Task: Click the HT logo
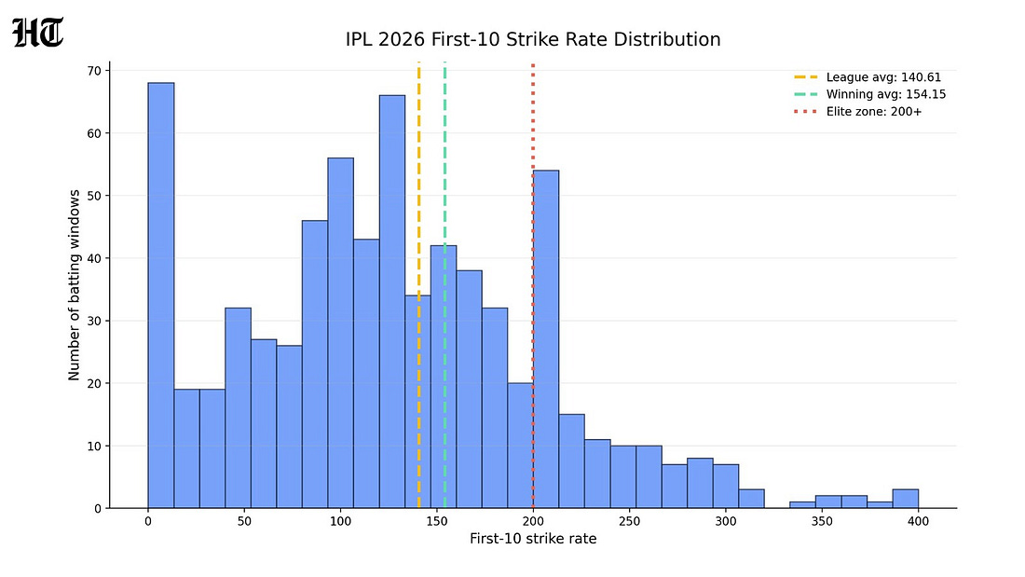coord(38,33)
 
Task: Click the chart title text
coord(533,39)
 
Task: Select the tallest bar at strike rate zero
coord(161,295)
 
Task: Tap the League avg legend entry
coord(868,77)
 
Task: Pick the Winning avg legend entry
coord(870,94)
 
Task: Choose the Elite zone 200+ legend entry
coord(858,112)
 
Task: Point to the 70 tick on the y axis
coord(95,71)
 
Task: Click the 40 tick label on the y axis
coord(95,258)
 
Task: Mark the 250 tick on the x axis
coord(630,521)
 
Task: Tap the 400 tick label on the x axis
coord(919,521)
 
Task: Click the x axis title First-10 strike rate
coord(533,539)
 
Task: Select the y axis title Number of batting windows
coord(74,285)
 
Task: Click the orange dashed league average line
coord(419,284)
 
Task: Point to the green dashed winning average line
coord(445,284)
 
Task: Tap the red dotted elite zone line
coord(533,284)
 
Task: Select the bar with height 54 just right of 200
coord(546,339)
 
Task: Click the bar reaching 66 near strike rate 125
coord(392,302)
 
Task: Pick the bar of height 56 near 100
coord(340,333)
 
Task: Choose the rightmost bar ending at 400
coord(906,499)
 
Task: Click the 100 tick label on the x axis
coord(340,521)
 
